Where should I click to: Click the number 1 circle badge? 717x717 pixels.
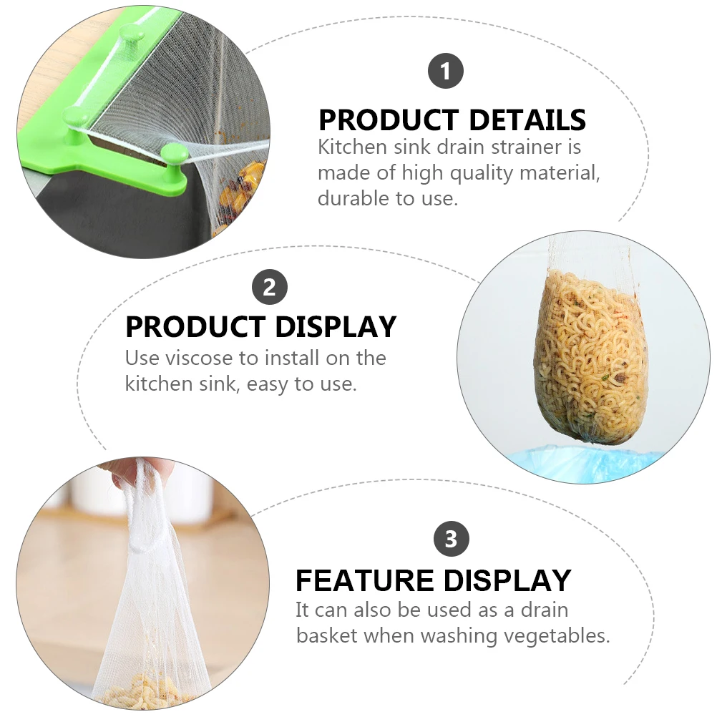coord(446,72)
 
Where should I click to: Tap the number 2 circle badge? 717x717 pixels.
coord(269,288)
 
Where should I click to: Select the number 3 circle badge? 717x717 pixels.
coord(451,538)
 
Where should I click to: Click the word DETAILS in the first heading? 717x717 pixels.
coord(514,119)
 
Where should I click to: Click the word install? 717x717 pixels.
coord(288,358)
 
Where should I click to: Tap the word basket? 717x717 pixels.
coord(327,635)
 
